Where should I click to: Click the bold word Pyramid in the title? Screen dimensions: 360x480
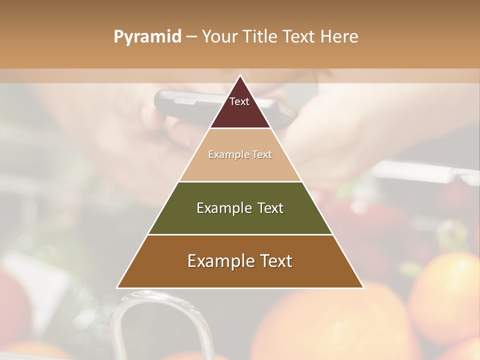(147, 37)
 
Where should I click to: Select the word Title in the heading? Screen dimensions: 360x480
(259, 37)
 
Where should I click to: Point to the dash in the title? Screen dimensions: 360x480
(191, 37)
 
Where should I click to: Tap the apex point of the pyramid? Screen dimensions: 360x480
(240, 76)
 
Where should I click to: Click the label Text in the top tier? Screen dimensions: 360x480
(239, 101)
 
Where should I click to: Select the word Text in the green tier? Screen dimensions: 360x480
(270, 208)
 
